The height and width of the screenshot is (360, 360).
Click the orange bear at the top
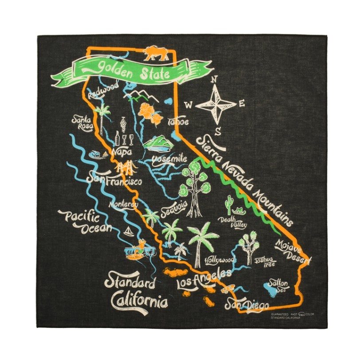point(156,54)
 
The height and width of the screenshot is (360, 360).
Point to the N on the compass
point(214,79)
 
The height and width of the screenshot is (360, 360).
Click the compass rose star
point(216,105)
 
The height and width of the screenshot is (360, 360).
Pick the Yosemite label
point(169,158)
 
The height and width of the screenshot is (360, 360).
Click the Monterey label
point(124,205)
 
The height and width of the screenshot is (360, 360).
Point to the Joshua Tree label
point(266,260)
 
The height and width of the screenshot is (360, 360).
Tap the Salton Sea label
point(280,286)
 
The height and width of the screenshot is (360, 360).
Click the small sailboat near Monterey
point(129,231)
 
